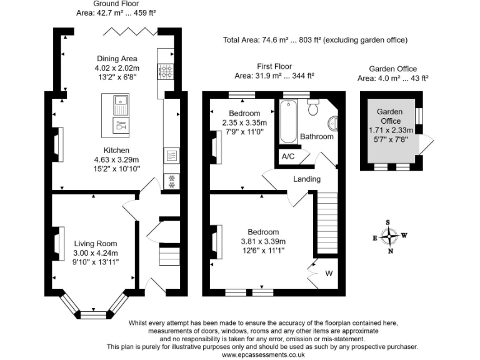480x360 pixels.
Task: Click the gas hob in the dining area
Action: tap(166, 72)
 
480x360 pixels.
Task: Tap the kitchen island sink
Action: tap(121, 105)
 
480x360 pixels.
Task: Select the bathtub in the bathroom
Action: tap(288, 121)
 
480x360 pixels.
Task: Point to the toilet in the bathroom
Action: tap(313, 107)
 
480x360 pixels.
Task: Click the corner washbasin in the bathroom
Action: tap(332, 124)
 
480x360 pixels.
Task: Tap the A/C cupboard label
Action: tap(288, 156)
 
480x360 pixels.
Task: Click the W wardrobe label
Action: tap(329, 273)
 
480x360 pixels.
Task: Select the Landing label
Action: tap(307, 179)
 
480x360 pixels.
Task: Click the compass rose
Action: tap(389, 237)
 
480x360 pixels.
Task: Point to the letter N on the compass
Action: tap(391, 251)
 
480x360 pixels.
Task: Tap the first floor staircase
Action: tap(327, 223)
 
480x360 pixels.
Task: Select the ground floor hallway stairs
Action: tap(169, 256)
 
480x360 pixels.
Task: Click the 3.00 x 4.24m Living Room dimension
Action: tap(96, 253)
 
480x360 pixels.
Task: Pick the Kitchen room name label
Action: tap(116, 150)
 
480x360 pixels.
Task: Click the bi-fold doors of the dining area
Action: tap(131, 31)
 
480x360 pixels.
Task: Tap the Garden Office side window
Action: tap(419, 116)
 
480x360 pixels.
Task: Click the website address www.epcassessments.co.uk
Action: tap(263, 355)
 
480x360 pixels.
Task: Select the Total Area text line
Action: tap(315, 40)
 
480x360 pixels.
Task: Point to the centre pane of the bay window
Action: tap(93, 315)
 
